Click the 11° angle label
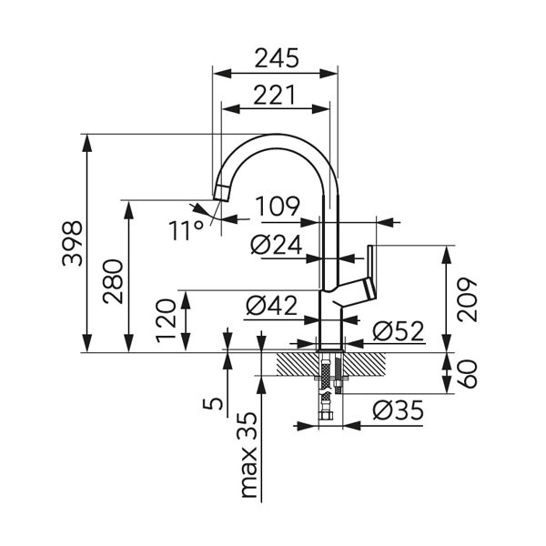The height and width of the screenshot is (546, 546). click(186, 229)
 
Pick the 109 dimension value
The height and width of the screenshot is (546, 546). click(277, 207)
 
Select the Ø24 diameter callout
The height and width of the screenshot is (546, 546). click(275, 245)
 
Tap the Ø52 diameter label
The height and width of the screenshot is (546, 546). click(399, 331)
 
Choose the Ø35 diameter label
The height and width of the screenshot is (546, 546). click(399, 411)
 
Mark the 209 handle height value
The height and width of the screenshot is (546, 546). click(468, 298)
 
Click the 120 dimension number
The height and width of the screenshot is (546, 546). click(166, 319)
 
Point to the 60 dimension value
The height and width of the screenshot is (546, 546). click(468, 373)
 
